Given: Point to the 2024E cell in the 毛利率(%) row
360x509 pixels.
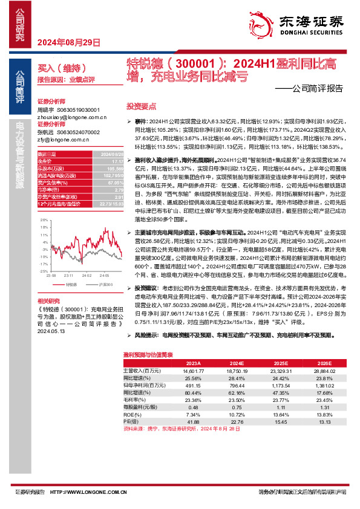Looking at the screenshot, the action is pyautogui.click(x=237, y=400).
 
